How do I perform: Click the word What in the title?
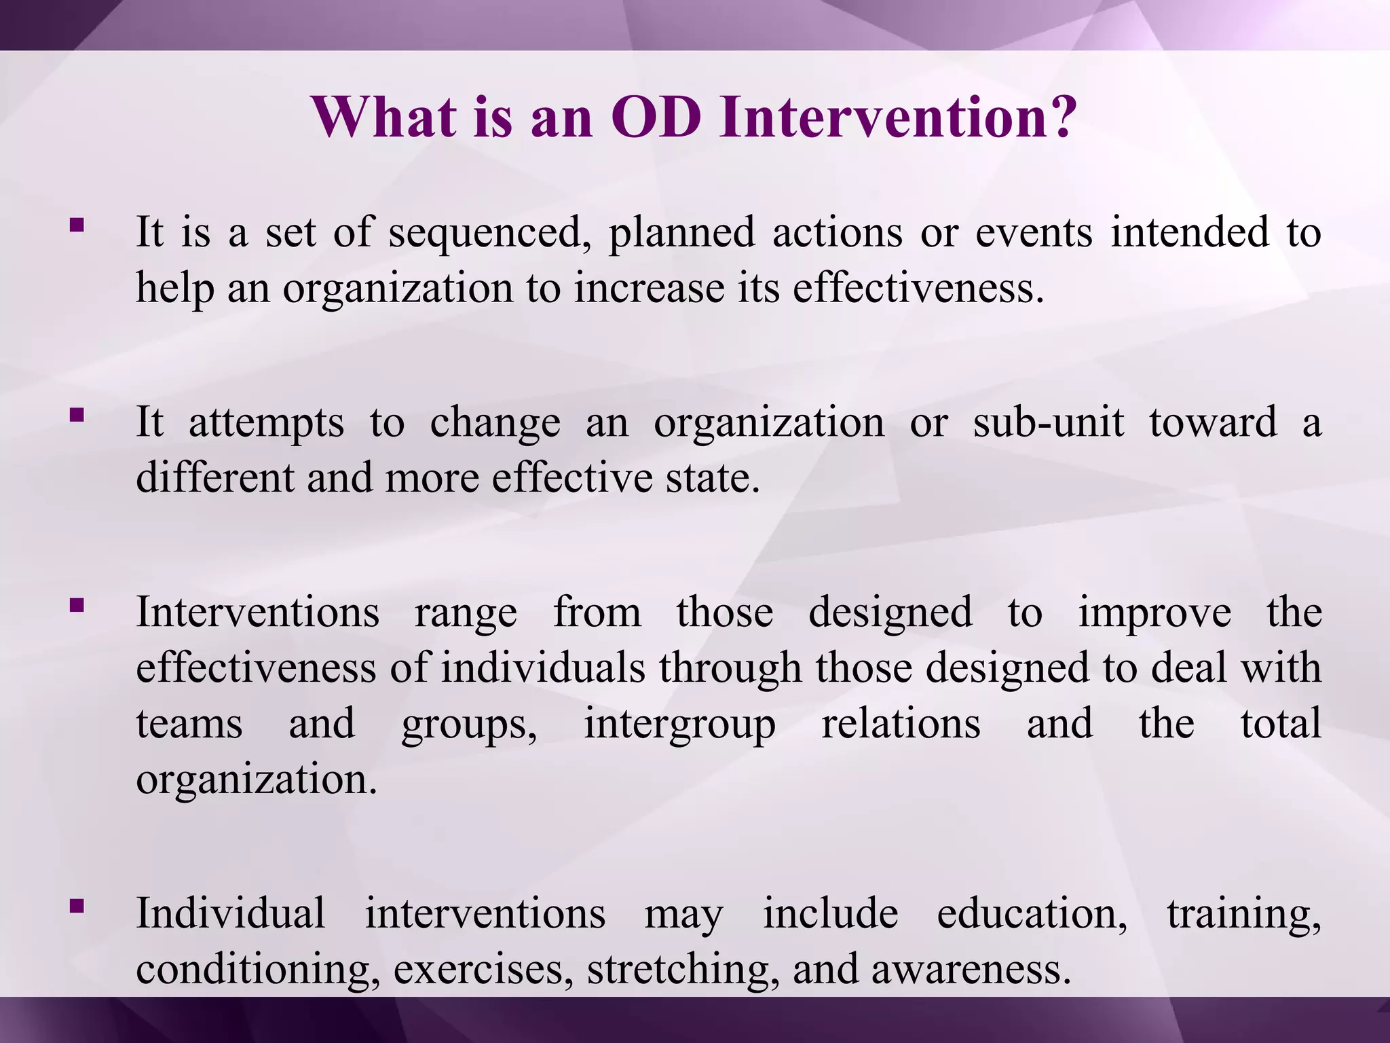point(384,117)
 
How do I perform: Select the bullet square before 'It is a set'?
point(77,225)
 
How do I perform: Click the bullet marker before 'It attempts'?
point(77,415)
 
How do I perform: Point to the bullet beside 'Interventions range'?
point(77,604)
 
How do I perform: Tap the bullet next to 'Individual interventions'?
point(77,906)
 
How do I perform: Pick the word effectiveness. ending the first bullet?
point(918,288)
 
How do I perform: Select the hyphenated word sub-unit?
point(1048,422)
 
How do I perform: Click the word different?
point(215,477)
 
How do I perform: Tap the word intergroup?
point(679,724)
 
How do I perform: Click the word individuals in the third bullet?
point(543,667)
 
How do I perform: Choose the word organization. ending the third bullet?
point(257,779)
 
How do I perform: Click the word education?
point(1032,914)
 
